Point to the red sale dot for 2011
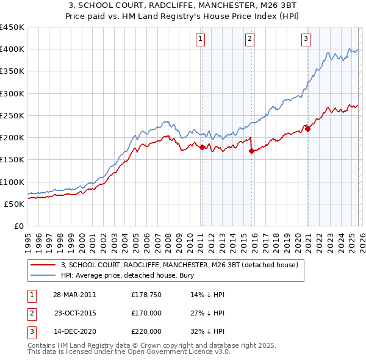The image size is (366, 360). tap(202, 146)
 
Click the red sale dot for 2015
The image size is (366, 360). tap(251, 151)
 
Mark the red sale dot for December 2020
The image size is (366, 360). tap(307, 128)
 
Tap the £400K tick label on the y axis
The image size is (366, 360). tap(12, 49)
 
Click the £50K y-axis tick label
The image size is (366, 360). tap(14, 204)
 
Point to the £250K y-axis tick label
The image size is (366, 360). tap(12, 115)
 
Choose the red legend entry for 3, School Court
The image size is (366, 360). tap(179, 265)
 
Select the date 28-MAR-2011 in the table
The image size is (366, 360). tap(74, 295)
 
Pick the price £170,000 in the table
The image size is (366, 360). tap(146, 313)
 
